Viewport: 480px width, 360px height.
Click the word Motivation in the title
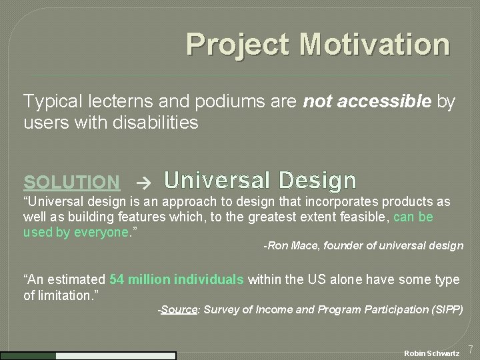(x=374, y=45)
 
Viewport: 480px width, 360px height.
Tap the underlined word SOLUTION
(x=72, y=181)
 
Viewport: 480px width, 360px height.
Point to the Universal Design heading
(x=260, y=180)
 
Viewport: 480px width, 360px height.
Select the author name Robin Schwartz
(x=432, y=352)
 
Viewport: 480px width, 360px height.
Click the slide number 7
(x=471, y=349)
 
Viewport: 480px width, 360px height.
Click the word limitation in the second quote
(x=64, y=294)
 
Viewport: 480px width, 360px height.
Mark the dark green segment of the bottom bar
(x=28, y=356)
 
